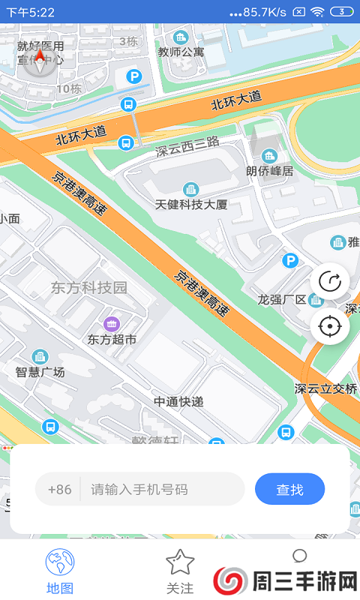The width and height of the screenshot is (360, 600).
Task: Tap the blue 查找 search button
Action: click(289, 489)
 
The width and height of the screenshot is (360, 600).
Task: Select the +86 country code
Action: click(59, 489)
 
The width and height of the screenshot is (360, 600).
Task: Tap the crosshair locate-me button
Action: click(330, 326)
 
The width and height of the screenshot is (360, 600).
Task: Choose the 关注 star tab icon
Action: click(180, 562)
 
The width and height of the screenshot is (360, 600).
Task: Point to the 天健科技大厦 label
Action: click(190, 204)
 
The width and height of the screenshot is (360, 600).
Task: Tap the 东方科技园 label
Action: click(89, 287)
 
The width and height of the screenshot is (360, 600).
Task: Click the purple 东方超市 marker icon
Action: click(112, 324)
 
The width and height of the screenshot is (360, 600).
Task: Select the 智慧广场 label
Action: click(40, 372)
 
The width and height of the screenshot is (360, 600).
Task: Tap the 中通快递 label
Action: click(178, 401)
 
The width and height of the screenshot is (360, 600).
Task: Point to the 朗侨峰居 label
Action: click(270, 171)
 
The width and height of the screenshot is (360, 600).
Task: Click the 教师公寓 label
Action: click(181, 52)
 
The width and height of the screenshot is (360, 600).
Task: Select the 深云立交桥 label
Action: click(326, 388)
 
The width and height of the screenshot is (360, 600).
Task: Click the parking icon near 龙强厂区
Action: click(289, 260)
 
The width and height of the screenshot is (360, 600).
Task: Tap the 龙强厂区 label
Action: click(282, 299)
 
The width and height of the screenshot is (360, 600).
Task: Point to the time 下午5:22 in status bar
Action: click(31, 12)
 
